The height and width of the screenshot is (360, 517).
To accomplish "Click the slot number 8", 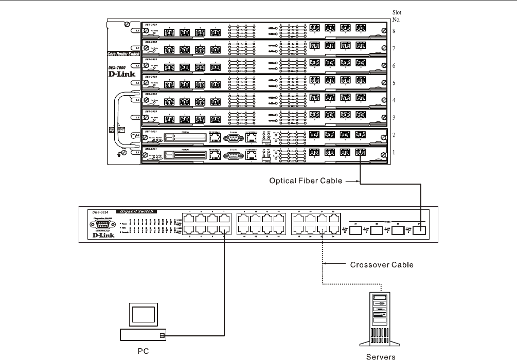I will click(x=394, y=31).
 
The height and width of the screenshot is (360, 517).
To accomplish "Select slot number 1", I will click(x=394, y=153).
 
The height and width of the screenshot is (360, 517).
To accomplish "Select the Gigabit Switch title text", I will click(x=137, y=211).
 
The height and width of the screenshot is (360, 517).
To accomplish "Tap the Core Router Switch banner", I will click(x=123, y=53).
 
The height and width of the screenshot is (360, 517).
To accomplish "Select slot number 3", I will click(x=394, y=118).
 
